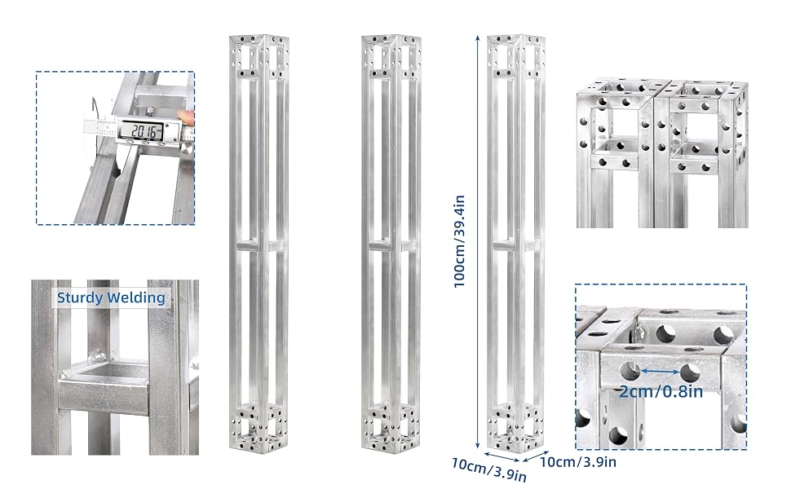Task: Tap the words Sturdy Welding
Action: pyautogui.click(x=111, y=298)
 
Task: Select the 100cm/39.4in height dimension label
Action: pyautogui.click(x=459, y=241)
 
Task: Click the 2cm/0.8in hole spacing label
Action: pyautogui.click(x=661, y=391)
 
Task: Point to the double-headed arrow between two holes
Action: pyautogui.click(x=661, y=372)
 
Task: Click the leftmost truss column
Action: pyautogui.click(x=259, y=244)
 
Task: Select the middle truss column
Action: pyautogui.click(x=391, y=244)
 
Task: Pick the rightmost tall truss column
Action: pyautogui.click(x=516, y=244)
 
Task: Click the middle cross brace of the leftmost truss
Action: pyautogui.click(x=259, y=246)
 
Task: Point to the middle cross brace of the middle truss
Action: pyautogui.click(x=391, y=246)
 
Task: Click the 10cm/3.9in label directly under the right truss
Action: pyautogui.click(x=488, y=469)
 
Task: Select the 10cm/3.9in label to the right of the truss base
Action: pyautogui.click(x=578, y=461)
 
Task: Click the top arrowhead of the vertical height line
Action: pyautogui.click(x=477, y=38)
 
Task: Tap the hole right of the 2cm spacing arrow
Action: pyautogui.click(x=690, y=373)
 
